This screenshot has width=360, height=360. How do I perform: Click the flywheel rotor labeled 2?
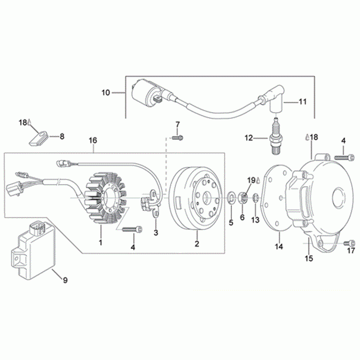point(195,199)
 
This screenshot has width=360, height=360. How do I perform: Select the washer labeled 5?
point(231,198)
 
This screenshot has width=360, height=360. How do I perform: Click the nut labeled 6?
point(243,198)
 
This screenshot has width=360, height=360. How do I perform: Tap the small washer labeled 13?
point(256,198)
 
